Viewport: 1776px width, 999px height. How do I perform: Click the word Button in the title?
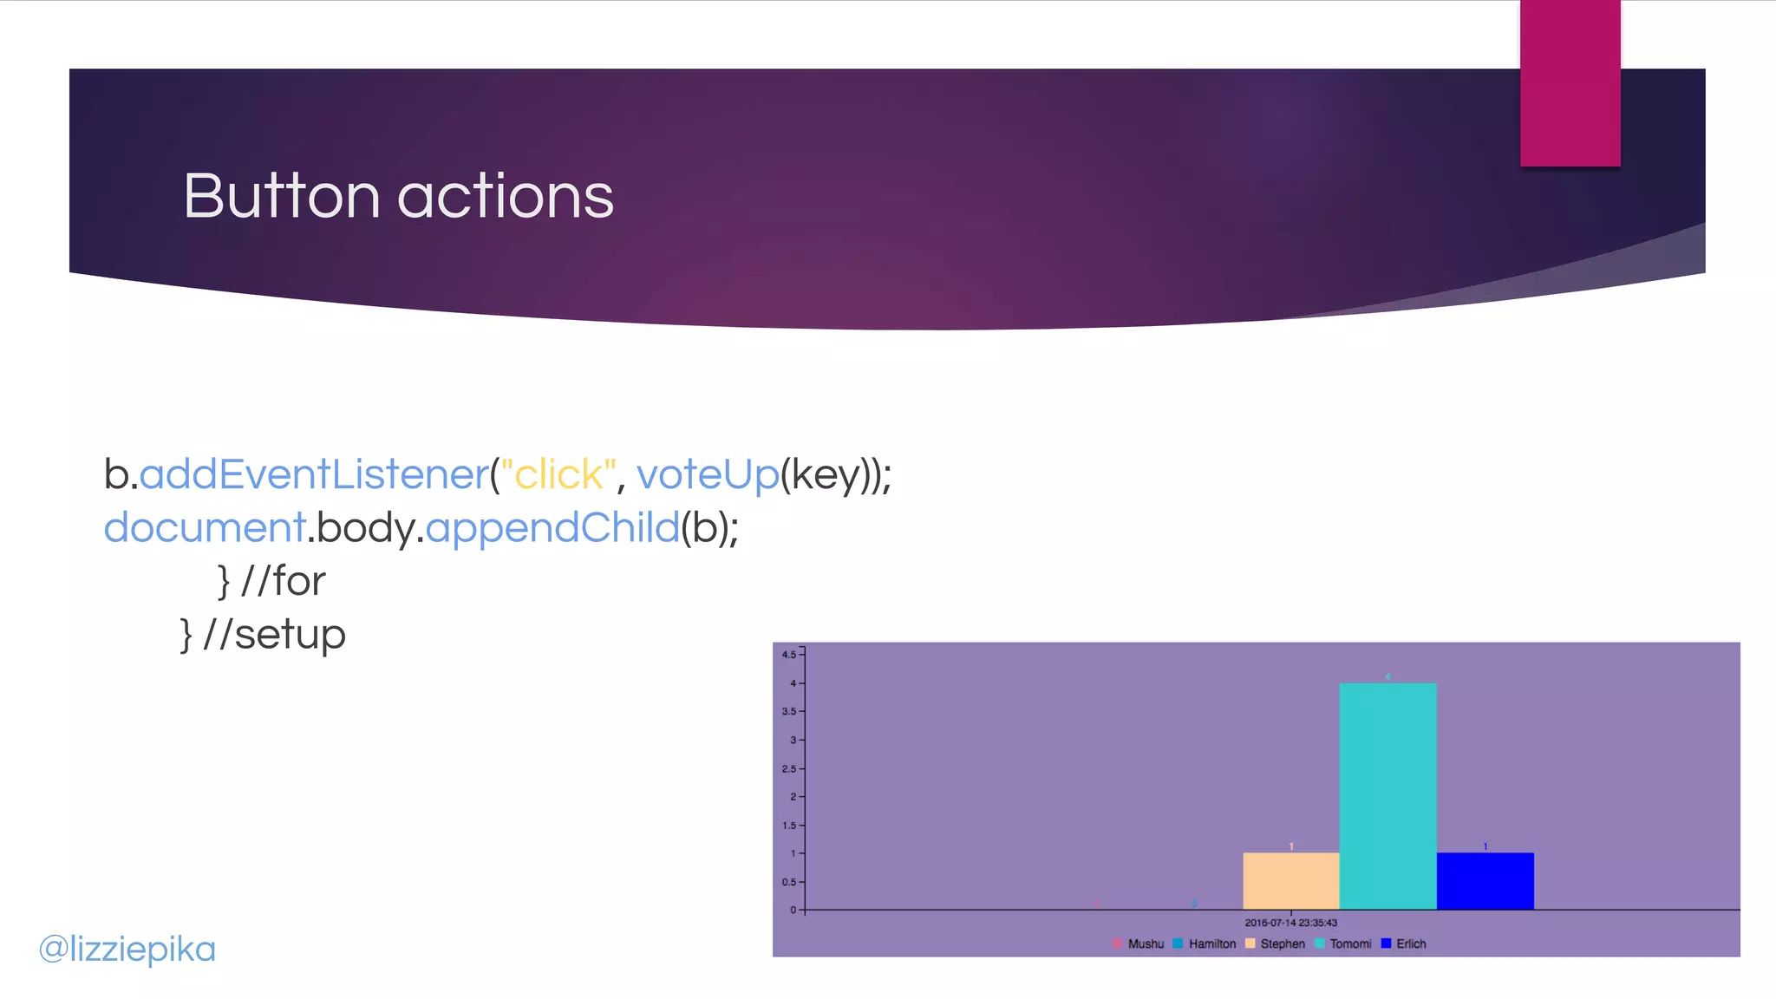pos(282,196)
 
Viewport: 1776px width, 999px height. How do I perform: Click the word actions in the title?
pos(506,196)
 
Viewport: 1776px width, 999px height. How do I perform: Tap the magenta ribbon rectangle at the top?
pos(1570,82)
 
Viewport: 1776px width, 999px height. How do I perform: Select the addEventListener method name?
pos(314,474)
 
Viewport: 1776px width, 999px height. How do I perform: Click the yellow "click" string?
pos(558,474)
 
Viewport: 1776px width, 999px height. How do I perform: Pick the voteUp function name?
pos(708,474)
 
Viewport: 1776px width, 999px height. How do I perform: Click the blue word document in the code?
pos(204,527)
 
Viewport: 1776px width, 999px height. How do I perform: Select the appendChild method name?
pos(552,527)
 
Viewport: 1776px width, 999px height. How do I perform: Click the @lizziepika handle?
pos(127,949)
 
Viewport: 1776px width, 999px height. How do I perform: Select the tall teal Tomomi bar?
pos(1387,795)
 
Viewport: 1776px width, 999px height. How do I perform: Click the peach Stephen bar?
pos(1290,880)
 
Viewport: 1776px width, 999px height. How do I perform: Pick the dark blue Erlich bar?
pos(1485,880)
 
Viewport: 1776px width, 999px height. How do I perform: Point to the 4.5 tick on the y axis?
pos(789,655)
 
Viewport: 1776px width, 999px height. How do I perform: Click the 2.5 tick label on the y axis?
pos(789,768)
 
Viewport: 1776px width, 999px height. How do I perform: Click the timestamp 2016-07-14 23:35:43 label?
pos(1290,923)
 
